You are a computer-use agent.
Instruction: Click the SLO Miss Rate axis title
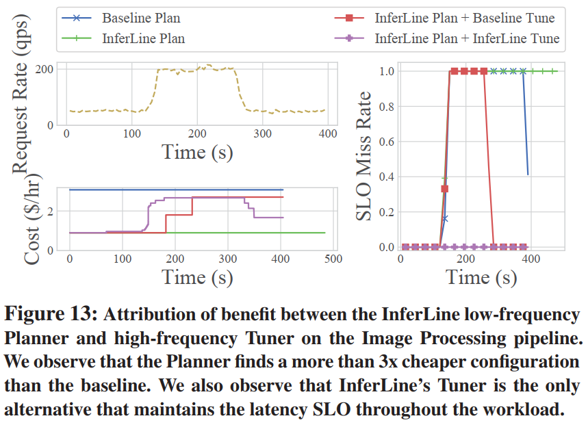pyautogui.click(x=365, y=157)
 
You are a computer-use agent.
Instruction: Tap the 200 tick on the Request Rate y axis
pyautogui.click(x=45, y=69)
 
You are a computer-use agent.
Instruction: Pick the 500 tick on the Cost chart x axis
pyautogui.click(x=333, y=260)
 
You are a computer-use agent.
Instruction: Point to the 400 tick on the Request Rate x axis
pyautogui.click(x=328, y=134)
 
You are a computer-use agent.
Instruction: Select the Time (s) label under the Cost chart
pyautogui.click(x=197, y=276)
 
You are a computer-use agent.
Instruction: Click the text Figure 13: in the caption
pyautogui.click(x=52, y=315)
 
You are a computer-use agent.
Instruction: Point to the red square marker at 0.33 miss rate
pyautogui.click(x=444, y=188)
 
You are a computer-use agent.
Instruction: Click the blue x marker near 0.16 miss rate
pyautogui.click(x=444, y=219)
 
